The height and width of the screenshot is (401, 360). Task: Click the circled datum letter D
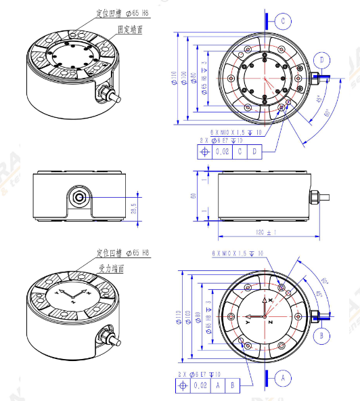[x=323, y=60]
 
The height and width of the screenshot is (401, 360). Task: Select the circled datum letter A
[x=284, y=375]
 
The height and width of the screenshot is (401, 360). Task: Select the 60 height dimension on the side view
[x=194, y=196]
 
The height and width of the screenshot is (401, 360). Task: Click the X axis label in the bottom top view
[x=271, y=299]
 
